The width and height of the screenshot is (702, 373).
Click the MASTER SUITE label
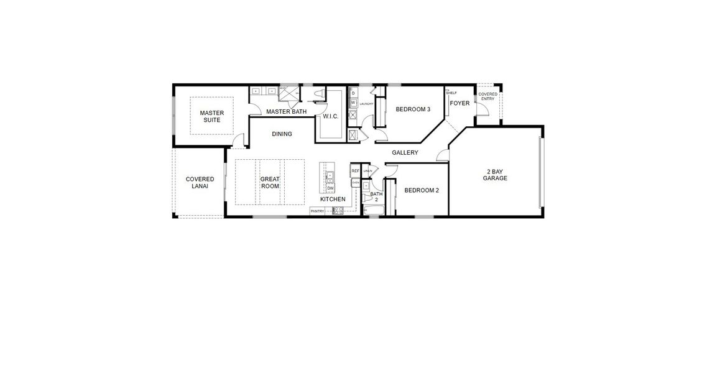point(211,116)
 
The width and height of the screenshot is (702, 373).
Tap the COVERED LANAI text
point(200,183)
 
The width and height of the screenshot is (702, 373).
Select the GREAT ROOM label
point(270,182)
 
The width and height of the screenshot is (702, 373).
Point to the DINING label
point(282,134)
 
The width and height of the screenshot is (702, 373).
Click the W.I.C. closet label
point(330,116)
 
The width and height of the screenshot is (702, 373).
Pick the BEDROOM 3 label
point(413,109)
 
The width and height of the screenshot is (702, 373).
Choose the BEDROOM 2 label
point(422,190)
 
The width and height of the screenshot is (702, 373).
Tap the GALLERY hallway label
point(405,152)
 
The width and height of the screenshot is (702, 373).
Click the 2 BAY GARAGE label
point(495,175)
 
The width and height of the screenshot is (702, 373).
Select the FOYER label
point(460,103)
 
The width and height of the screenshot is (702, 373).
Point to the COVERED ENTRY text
point(487,96)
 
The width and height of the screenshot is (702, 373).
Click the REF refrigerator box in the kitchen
point(355,170)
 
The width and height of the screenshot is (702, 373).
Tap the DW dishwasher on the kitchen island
point(330,188)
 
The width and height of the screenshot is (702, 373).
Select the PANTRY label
point(318,211)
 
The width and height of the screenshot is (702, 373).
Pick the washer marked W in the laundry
point(353,103)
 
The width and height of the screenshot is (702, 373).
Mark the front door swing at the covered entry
point(481,109)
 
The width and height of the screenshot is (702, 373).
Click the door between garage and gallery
point(442,156)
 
